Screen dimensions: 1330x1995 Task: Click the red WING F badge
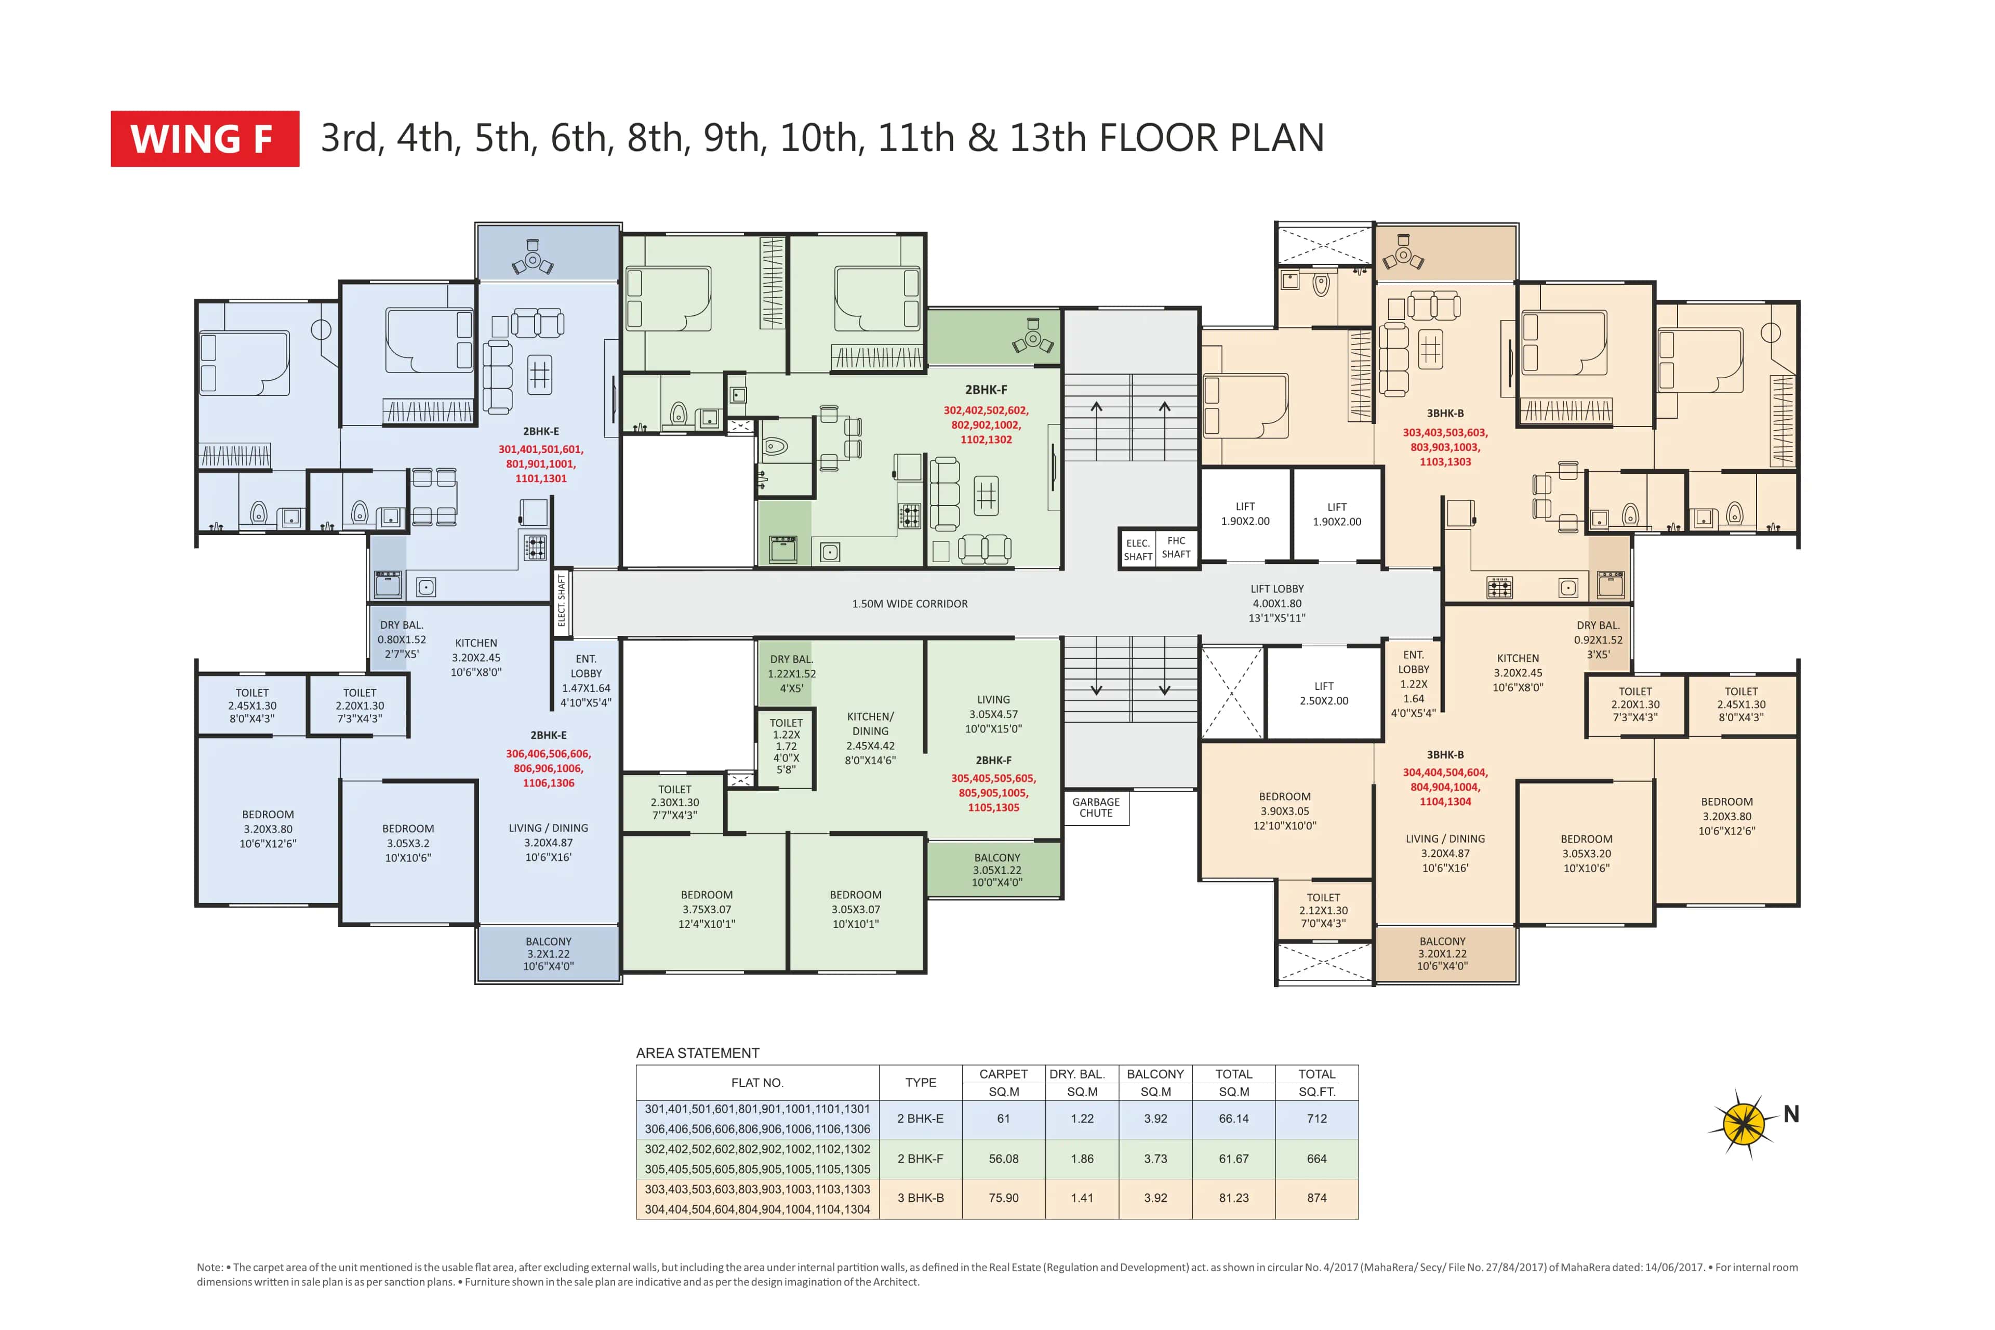[204, 138]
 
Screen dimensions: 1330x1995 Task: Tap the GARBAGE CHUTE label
[1096, 807]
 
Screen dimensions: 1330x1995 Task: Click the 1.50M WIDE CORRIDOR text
[909, 604]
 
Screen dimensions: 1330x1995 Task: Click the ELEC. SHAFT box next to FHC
[1137, 550]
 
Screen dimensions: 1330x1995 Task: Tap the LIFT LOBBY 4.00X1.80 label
[1276, 603]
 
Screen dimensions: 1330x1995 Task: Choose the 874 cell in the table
[1316, 1198]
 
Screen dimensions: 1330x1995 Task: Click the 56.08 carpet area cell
[1003, 1159]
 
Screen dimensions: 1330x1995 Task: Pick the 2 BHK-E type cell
[920, 1119]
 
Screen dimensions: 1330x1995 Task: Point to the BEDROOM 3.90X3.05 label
[1284, 811]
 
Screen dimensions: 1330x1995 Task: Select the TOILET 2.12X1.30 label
[1323, 910]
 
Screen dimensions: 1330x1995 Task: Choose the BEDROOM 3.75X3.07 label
[707, 909]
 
